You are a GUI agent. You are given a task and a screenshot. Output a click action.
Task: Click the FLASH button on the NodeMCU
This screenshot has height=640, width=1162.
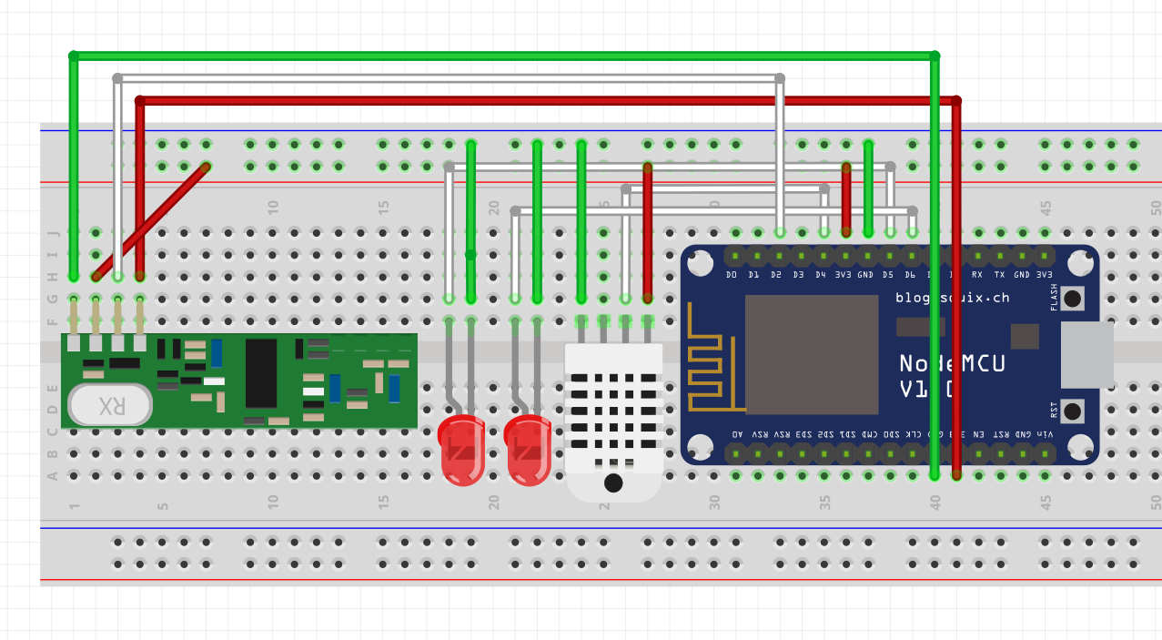pos(1073,298)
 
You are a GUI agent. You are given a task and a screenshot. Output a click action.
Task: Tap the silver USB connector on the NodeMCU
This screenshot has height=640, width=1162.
pos(1086,354)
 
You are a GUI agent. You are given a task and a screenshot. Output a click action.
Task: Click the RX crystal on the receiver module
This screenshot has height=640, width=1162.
pos(110,404)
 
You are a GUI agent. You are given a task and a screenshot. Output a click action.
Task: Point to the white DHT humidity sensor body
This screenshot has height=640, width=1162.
pos(613,410)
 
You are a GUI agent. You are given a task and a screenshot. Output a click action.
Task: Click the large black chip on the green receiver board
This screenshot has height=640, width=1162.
pos(261,373)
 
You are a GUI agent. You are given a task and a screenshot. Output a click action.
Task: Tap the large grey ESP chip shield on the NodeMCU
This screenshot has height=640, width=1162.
pos(812,354)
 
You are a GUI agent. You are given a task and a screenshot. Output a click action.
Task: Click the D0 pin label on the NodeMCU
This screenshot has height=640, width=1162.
pos(732,274)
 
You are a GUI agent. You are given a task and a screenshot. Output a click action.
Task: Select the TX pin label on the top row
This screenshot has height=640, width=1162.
pos(1000,274)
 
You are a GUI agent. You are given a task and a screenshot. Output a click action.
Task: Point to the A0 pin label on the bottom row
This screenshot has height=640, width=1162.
pos(736,434)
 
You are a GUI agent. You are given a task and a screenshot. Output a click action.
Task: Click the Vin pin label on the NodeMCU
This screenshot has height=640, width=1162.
pos(1045,434)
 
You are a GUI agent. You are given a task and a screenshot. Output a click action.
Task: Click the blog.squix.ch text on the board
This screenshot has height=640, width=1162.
pos(952,298)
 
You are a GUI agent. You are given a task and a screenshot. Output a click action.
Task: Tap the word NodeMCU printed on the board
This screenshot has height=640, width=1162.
pos(952,364)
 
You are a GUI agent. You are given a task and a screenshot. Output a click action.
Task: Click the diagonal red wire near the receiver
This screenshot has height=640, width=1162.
pos(150,220)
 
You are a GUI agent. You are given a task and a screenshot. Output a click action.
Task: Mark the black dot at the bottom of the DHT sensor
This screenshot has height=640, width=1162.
pos(613,483)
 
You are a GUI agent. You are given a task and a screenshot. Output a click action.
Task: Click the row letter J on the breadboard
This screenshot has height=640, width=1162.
pos(52,233)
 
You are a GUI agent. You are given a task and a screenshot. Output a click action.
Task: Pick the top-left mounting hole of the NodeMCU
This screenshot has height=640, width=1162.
pos(700,264)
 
